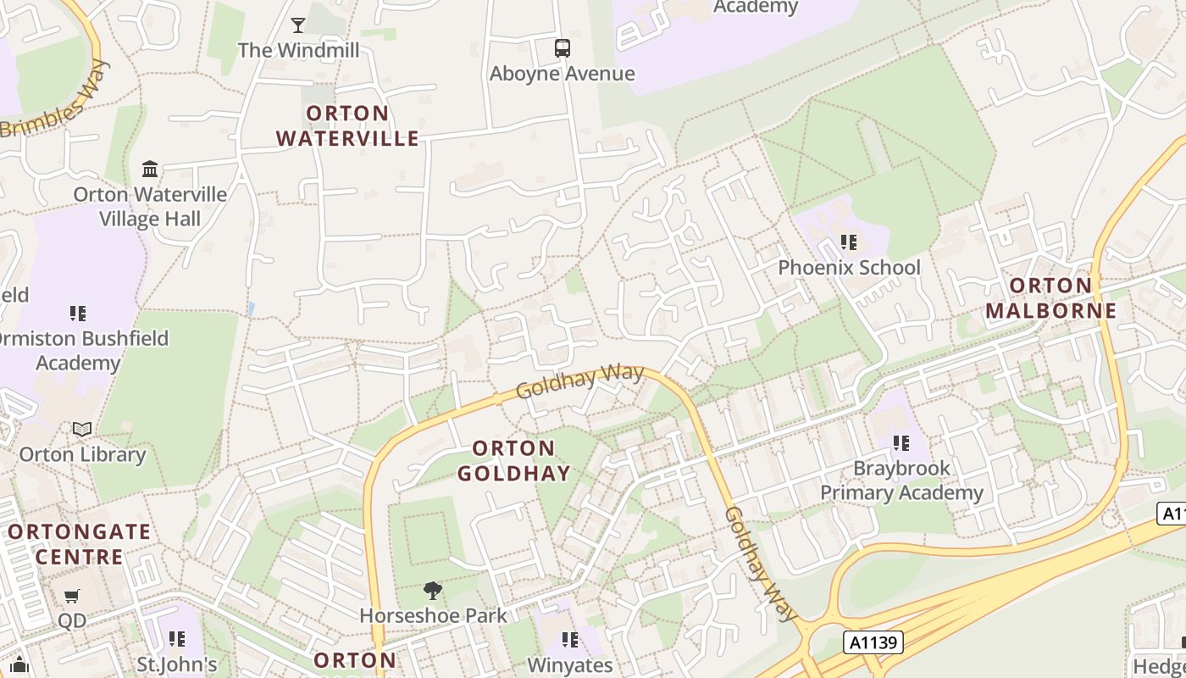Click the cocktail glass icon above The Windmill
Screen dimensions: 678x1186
[x=298, y=25]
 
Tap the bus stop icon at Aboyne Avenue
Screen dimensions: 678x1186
[x=563, y=48]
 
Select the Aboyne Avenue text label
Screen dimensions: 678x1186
[x=563, y=74]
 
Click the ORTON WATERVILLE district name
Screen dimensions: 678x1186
[x=347, y=125]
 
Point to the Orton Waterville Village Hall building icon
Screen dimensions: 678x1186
[x=150, y=169]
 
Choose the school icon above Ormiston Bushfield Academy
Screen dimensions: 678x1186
[x=78, y=314]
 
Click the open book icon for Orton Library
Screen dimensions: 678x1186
[x=82, y=430]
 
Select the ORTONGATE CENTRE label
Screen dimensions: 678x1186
[x=79, y=544]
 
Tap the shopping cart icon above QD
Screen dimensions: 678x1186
[x=72, y=597]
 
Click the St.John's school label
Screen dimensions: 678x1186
[x=177, y=664]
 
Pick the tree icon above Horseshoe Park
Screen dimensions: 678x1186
[x=433, y=590]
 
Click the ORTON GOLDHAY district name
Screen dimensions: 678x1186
[x=514, y=460]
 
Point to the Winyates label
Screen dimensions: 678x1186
[x=570, y=665]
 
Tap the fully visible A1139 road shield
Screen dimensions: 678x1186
[x=873, y=642]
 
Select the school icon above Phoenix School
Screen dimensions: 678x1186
[x=849, y=242]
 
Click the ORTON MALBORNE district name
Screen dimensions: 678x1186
[x=1051, y=297]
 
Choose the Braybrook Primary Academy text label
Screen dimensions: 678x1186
[x=901, y=480]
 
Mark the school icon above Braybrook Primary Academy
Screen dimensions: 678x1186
[x=901, y=442]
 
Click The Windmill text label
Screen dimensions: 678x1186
[x=298, y=50]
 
